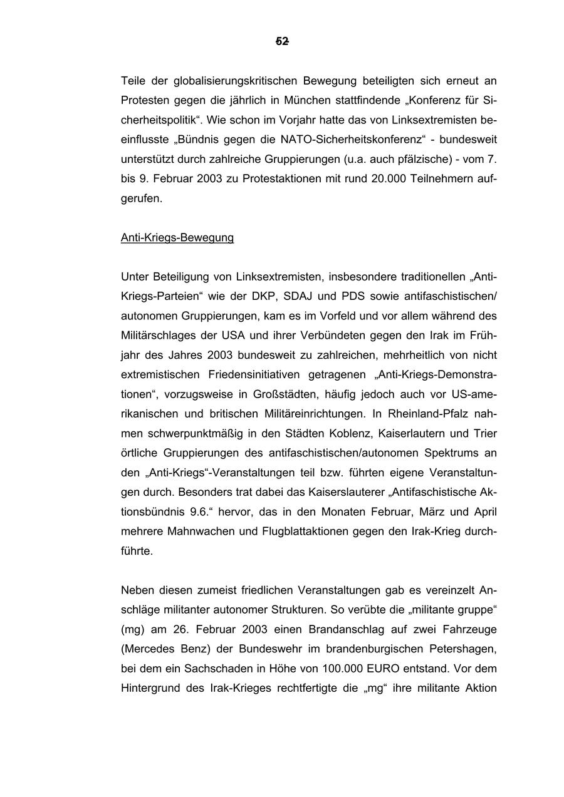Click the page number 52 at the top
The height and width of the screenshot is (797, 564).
tap(282, 42)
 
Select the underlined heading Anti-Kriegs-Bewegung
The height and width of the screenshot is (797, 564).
tap(177, 238)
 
